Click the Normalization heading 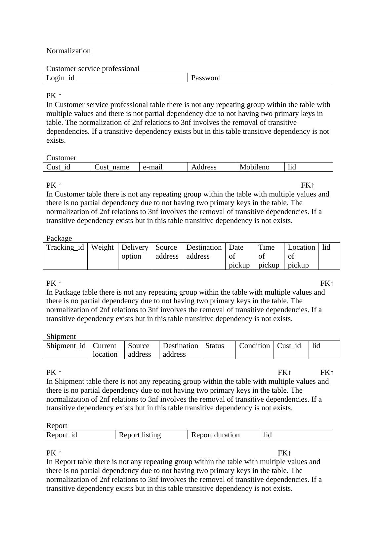pyautogui.click(x=68, y=51)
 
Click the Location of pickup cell pyautogui.click(x=301, y=256)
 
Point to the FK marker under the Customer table pyautogui.click(x=308, y=185)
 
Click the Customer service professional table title pyautogui.click(x=93, y=69)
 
